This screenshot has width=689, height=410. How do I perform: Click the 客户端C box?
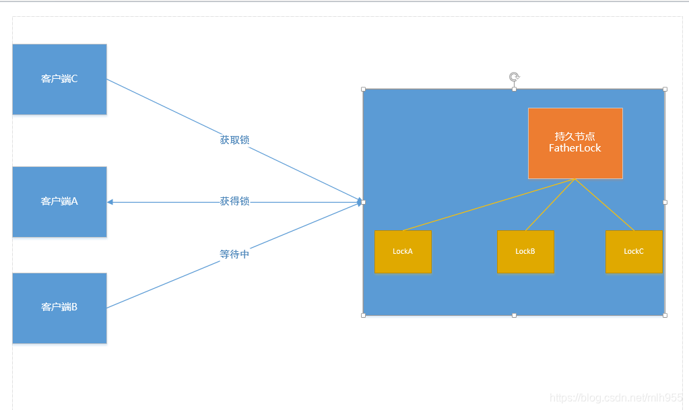(x=59, y=79)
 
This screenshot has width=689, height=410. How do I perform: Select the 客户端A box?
(x=59, y=201)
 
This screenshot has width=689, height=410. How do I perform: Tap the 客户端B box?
(x=59, y=308)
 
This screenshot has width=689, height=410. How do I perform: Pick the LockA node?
(x=403, y=252)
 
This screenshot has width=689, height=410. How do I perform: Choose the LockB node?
(x=525, y=252)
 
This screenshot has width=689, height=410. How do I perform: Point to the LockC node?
(x=634, y=252)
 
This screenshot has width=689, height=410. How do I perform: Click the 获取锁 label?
(x=234, y=140)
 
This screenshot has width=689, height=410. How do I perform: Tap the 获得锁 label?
(x=234, y=201)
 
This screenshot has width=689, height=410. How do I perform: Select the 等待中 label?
(x=234, y=254)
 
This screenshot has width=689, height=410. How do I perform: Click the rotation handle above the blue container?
(x=514, y=77)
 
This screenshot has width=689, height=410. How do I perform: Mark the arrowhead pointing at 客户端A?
(x=110, y=202)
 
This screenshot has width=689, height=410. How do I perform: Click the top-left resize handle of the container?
(x=364, y=89)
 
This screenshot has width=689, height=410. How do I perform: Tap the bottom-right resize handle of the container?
(x=665, y=315)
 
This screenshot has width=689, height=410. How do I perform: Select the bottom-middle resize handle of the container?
(x=514, y=315)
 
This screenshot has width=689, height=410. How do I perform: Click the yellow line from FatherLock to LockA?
(x=488, y=205)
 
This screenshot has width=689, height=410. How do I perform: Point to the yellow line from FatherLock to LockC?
(x=605, y=205)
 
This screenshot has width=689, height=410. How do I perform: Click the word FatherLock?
(x=575, y=148)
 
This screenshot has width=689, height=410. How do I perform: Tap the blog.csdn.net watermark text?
(x=616, y=398)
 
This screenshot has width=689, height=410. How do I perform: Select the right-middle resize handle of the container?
(x=665, y=202)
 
